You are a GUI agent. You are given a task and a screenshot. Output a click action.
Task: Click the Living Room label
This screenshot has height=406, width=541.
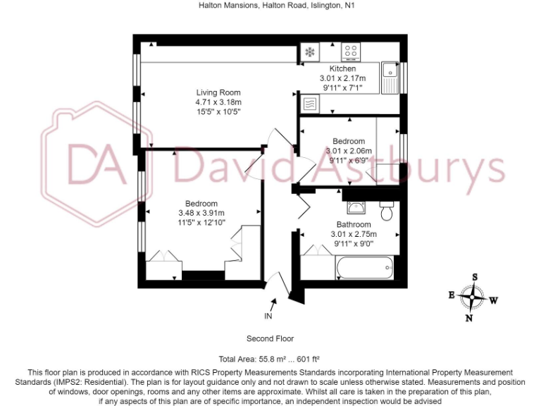click(x=218, y=92)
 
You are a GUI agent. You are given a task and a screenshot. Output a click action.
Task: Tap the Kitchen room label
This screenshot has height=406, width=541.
click(x=343, y=68)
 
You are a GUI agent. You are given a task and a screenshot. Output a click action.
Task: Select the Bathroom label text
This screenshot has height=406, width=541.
click(x=353, y=225)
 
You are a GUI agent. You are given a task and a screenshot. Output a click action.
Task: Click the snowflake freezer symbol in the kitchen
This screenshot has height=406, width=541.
click(x=309, y=52)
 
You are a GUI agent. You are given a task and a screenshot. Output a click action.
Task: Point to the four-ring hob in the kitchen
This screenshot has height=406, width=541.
click(x=352, y=52)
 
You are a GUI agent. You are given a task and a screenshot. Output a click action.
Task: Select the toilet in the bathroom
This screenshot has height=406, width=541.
click(x=386, y=210)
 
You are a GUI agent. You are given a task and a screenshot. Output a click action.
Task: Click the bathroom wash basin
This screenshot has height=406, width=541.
click(x=355, y=207)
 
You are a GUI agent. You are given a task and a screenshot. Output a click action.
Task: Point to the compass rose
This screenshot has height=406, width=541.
click(x=473, y=297)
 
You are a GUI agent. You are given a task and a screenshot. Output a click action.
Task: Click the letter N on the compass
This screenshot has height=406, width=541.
click(x=469, y=318)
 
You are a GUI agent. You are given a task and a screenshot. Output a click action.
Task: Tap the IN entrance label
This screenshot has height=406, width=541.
click(x=268, y=316)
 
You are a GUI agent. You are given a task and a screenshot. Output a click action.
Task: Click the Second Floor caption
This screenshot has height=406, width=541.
click(x=270, y=338)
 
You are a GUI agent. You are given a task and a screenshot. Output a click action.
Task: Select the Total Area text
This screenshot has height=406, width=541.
click(x=270, y=358)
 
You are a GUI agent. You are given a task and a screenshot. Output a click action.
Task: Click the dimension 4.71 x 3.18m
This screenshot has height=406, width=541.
click(x=218, y=101)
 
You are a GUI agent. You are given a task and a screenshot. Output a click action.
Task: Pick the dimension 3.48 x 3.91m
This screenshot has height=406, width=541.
click(x=201, y=213)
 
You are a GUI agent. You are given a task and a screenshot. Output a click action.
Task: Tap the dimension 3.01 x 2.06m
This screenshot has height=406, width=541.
click(x=349, y=150)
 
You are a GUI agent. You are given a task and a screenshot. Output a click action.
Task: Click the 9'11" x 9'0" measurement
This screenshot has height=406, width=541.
click(x=353, y=244)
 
